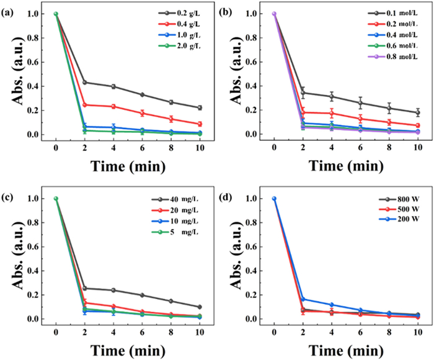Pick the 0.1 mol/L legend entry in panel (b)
pyautogui.click(x=385, y=13)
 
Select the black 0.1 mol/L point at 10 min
pyautogui.click(x=418, y=112)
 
